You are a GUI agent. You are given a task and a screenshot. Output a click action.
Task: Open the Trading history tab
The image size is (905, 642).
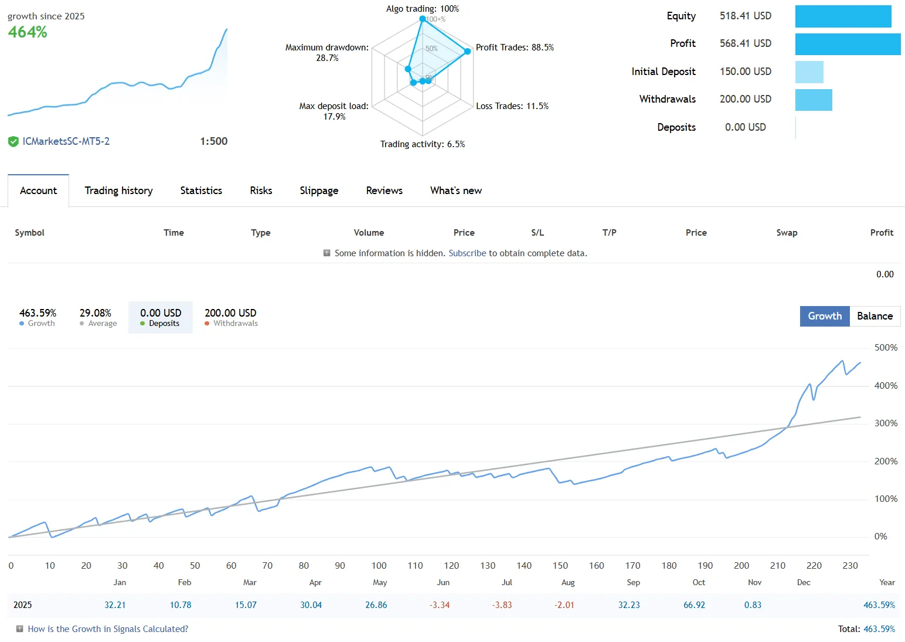[x=118, y=191]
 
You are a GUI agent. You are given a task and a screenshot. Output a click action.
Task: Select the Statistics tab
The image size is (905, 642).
[x=201, y=191]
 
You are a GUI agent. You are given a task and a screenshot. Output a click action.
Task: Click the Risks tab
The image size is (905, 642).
[x=261, y=191]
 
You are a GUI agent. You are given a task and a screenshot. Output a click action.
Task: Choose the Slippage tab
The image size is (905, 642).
[x=319, y=191]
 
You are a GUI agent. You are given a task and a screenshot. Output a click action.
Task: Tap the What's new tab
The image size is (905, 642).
[x=455, y=191]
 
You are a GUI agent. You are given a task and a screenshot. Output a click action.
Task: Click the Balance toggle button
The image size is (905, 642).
[x=875, y=316]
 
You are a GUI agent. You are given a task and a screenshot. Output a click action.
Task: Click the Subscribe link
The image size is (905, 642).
[x=467, y=253]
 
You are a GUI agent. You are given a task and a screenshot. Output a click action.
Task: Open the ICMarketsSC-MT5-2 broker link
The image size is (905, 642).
[x=66, y=141]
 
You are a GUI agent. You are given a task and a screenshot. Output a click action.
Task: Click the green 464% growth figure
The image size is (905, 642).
[x=28, y=32]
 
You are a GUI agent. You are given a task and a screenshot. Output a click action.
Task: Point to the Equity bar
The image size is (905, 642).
[x=843, y=16]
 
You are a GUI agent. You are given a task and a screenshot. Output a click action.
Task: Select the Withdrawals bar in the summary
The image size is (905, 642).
[x=814, y=100]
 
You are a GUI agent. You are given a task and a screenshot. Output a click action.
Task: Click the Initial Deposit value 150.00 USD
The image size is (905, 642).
[x=745, y=72]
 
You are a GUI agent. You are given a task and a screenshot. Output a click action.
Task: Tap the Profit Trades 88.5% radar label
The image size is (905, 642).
[x=515, y=47]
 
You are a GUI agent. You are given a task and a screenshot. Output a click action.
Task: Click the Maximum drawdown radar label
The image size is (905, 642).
[x=327, y=52]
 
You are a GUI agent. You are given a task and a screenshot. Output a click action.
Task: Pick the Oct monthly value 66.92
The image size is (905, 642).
[x=694, y=605]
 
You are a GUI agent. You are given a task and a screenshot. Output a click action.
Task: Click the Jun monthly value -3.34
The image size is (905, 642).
[x=440, y=605]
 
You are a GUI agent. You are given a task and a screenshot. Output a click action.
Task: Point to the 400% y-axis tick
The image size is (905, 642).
[x=886, y=386]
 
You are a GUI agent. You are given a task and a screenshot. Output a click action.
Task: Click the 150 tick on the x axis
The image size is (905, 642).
[x=560, y=566]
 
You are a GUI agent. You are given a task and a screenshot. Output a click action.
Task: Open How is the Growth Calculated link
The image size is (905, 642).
[x=108, y=629]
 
